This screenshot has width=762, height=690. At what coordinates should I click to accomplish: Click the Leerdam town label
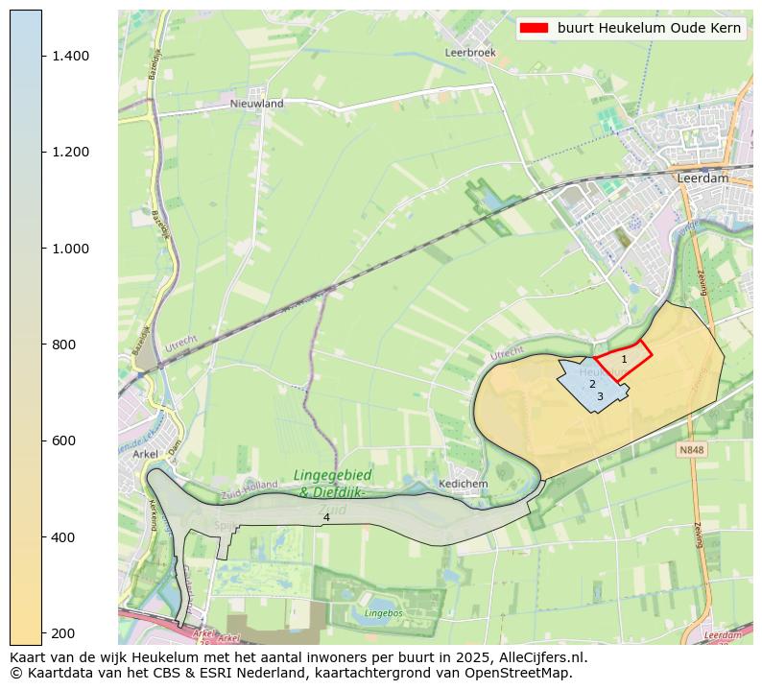[x=702, y=178]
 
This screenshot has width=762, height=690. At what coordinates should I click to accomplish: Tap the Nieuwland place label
[x=256, y=103]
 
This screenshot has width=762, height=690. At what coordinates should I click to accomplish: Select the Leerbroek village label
[x=470, y=53]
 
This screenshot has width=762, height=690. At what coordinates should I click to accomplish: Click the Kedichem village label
[x=463, y=484]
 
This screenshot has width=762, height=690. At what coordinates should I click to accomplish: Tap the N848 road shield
[x=691, y=449]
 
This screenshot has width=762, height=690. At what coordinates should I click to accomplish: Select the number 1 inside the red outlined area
[x=624, y=360]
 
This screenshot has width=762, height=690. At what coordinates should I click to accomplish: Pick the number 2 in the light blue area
[x=592, y=384]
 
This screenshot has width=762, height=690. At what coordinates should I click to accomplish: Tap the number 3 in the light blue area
[x=600, y=396]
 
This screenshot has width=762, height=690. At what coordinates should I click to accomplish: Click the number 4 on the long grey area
[x=326, y=517]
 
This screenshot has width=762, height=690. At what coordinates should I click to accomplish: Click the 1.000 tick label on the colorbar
[x=70, y=249]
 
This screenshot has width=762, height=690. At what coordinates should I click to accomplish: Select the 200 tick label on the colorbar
[x=63, y=632]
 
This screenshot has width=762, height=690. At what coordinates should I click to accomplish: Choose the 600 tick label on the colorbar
[x=63, y=440]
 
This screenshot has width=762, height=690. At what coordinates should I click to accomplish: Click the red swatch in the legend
[x=534, y=28]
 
